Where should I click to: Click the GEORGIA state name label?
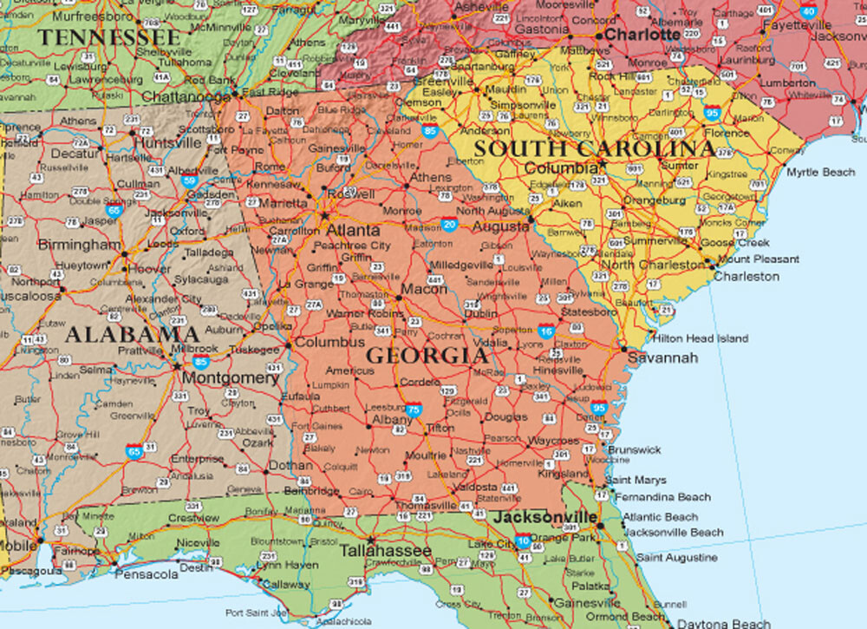[427, 356]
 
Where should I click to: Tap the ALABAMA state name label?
[132, 334]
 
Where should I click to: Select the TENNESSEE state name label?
[108, 37]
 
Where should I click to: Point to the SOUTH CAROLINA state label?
[595, 148]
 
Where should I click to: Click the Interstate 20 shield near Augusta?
[449, 224]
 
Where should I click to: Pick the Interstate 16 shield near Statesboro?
[546, 331]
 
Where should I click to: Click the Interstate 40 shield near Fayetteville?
[809, 11]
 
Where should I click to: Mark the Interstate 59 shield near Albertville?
[191, 181]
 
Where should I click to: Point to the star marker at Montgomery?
[178, 366]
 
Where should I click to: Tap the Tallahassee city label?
[385, 551]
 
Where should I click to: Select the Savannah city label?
[662, 357]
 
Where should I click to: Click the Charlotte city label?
[642, 35]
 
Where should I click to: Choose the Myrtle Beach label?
[820, 172]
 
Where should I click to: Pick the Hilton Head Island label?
[701, 338]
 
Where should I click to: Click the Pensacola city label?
[147, 573]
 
